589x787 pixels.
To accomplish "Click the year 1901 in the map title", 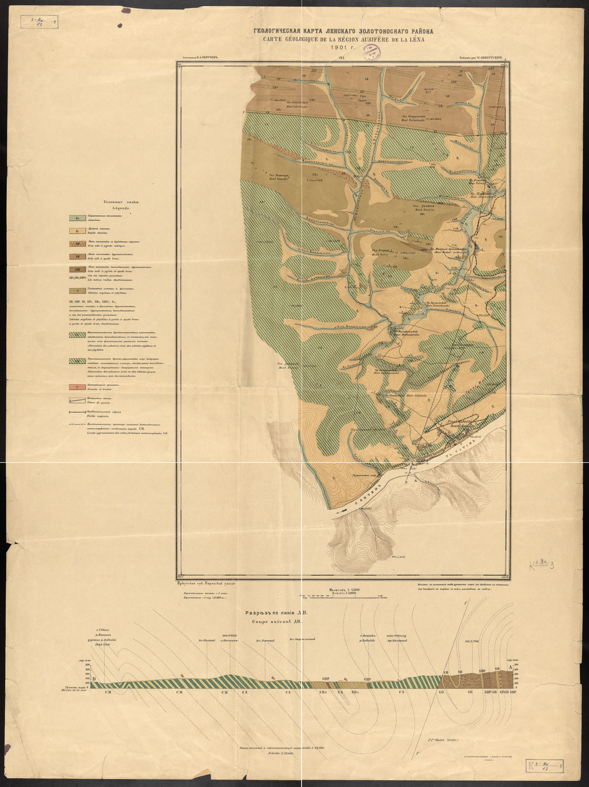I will coord(343,48).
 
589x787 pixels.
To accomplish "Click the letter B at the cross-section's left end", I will coord(94,679).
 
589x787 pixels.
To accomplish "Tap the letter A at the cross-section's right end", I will coord(511,667).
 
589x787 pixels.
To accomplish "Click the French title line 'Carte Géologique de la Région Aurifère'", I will coord(344,39).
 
